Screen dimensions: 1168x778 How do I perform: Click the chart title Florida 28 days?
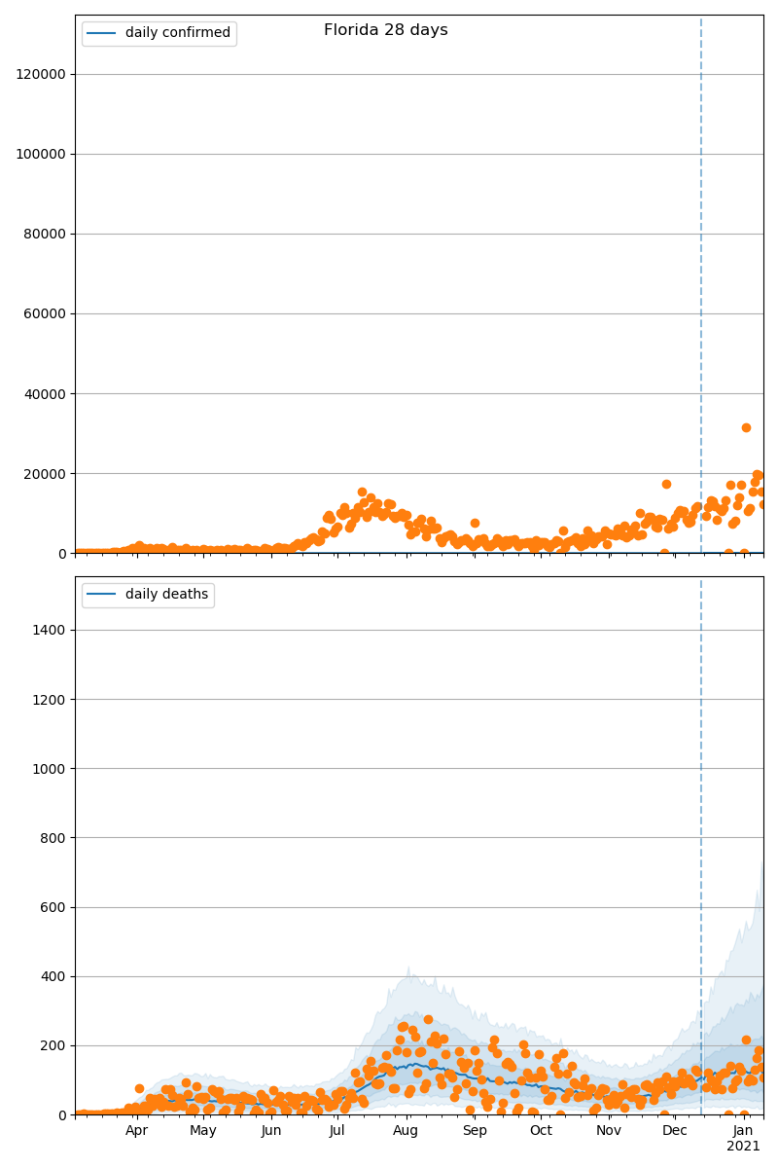coord(386,30)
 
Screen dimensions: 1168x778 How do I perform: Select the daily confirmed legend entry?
coord(177,33)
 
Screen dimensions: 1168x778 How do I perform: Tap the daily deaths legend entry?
coord(166,595)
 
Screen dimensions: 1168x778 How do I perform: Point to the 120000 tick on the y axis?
coord(39,74)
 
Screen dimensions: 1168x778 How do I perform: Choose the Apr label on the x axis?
coord(136,1130)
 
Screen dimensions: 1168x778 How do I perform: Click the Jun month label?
coord(271,1130)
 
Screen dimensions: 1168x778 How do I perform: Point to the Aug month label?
coord(406,1130)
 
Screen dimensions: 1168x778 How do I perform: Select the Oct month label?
coord(541,1130)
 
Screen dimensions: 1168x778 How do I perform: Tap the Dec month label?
coord(674,1130)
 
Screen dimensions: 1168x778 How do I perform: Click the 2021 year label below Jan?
coord(744,1147)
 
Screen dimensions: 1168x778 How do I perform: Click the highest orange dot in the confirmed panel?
coord(746,427)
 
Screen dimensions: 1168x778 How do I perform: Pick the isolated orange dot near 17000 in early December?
coord(666,484)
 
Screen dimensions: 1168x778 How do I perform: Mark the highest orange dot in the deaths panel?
coord(428,1019)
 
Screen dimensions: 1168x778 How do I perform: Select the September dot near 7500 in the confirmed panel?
coord(475,523)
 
